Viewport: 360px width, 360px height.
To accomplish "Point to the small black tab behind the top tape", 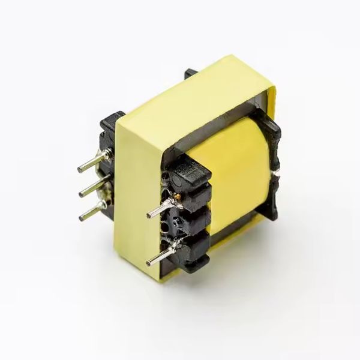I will (x=191, y=73).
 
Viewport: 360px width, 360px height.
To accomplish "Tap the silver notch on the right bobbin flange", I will (x=277, y=174).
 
